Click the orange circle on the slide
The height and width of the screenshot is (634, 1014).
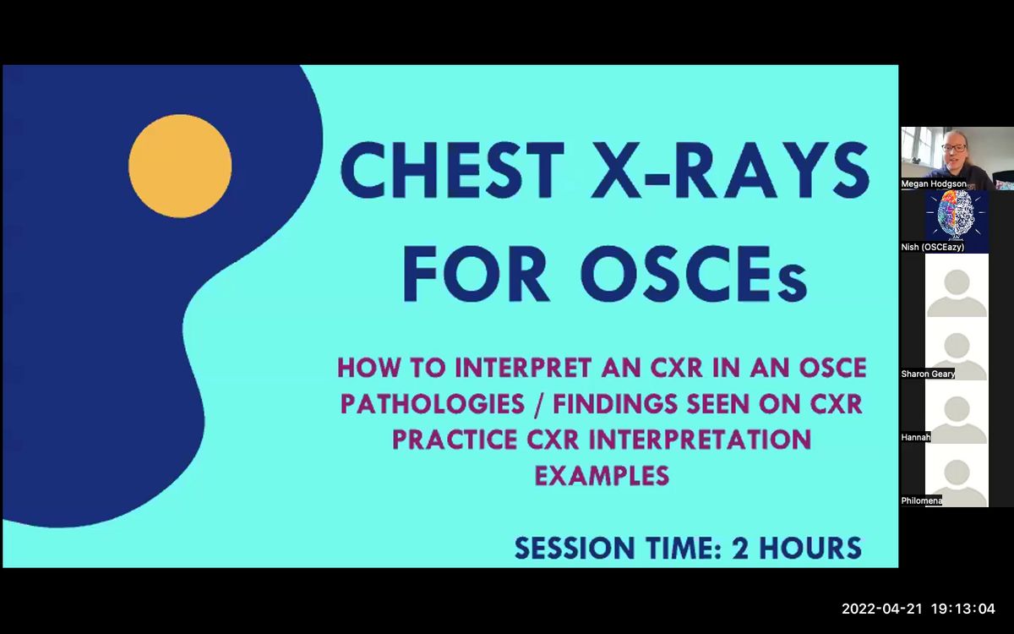180,167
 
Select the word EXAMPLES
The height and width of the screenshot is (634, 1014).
602,475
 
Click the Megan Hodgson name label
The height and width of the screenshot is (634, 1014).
934,183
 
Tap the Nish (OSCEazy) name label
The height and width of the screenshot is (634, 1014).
933,247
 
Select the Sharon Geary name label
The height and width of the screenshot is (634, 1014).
928,374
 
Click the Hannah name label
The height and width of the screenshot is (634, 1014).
915,437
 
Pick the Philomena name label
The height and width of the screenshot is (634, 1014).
921,500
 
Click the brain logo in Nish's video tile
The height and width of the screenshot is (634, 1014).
956,218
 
